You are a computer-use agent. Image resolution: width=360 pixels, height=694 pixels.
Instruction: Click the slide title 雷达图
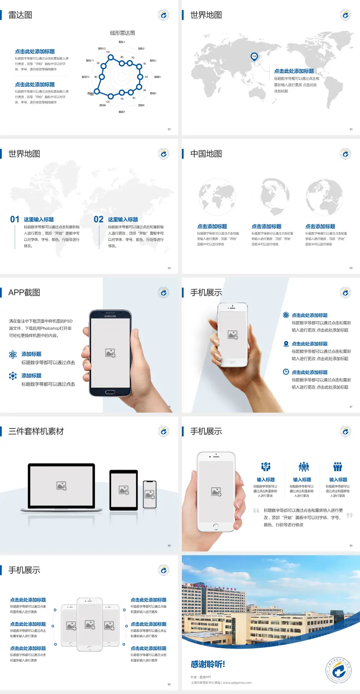(20, 15)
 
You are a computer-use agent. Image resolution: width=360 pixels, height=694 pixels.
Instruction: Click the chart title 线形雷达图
(122, 33)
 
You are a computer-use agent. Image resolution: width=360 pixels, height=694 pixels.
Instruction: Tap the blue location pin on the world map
(254, 57)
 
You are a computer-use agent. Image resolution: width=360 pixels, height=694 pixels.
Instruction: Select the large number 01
(15, 219)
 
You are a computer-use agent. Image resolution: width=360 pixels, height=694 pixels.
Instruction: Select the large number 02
(99, 219)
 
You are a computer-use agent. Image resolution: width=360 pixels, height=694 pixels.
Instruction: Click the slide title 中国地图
(206, 154)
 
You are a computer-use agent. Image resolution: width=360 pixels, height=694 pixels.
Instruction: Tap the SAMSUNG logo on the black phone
(110, 316)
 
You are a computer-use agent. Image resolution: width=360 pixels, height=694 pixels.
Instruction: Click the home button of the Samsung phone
(110, 392)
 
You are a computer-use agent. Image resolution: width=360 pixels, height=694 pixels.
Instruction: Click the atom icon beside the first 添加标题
(13, 355)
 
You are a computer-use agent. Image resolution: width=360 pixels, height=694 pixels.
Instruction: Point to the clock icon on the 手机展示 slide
(286, 372)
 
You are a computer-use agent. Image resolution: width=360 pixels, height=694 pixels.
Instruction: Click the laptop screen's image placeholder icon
(61, 486)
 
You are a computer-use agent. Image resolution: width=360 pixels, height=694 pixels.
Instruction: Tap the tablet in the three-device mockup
(124, 490)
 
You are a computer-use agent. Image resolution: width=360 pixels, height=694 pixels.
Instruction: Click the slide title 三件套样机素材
(36, 431)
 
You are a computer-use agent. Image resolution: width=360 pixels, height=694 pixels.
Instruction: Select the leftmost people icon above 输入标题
(265, 467)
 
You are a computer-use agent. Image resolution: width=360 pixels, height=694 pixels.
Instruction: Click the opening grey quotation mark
(256, 511)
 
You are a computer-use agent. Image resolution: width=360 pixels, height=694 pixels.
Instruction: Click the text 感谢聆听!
(208, 664)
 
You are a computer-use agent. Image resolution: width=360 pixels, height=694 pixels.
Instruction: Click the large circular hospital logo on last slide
(338, 670)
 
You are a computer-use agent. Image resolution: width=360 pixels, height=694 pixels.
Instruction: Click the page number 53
(351, 129)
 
